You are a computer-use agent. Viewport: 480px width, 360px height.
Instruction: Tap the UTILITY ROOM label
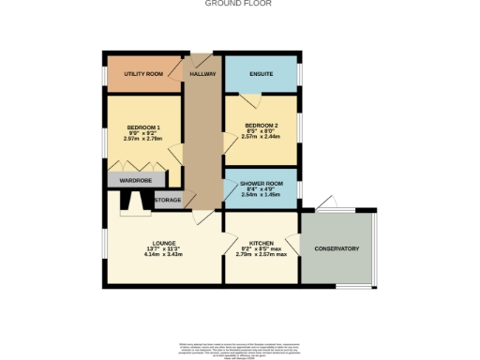click(143, 73)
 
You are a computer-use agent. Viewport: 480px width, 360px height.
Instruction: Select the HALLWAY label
click(203, 73)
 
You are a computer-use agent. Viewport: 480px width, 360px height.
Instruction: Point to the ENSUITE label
click(262, 73)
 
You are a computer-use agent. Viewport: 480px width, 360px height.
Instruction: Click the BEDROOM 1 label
click(144, 127)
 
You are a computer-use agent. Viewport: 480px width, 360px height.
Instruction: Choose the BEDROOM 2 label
click(262, 125)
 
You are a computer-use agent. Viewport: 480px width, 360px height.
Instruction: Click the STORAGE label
click(168, 200)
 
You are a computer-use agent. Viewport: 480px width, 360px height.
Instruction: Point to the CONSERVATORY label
click(337, 248)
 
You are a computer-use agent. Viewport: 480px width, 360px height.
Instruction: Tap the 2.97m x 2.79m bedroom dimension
click(144, 140)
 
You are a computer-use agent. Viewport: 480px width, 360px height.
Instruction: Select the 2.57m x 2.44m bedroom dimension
click(262, 138)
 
